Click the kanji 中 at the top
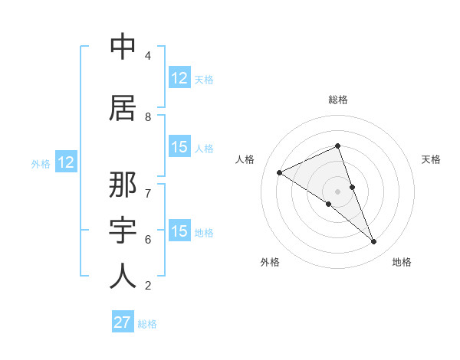pyautogui.click(x=123, y=47)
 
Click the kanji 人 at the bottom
pyautogui.click(x=123, y=276)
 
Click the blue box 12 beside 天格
pyautogui.click(x=179, y=78)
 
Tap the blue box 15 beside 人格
pyautogui.click(x=179, y=147)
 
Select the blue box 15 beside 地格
pyautogui.click(x=179, y=231)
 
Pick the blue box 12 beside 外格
pyautogui.click(x=65, y=162)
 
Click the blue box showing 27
pyautogui.click(x=123, y=322)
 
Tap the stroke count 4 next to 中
pyautogui.click(x=147, y=56)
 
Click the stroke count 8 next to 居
pyautogui.click(x=147, y=116)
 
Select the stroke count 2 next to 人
pyautogui.click(x=147, y=286)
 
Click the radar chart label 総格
pyautogui.click(x=338, y=100)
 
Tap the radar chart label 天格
pyautogui.click(x=431, y=159)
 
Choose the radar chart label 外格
pyautogui.click(x=270, y=262)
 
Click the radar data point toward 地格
pyautogui.click(x=374, y=242)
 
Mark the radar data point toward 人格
pyautogui.click(x=280, y=172)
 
